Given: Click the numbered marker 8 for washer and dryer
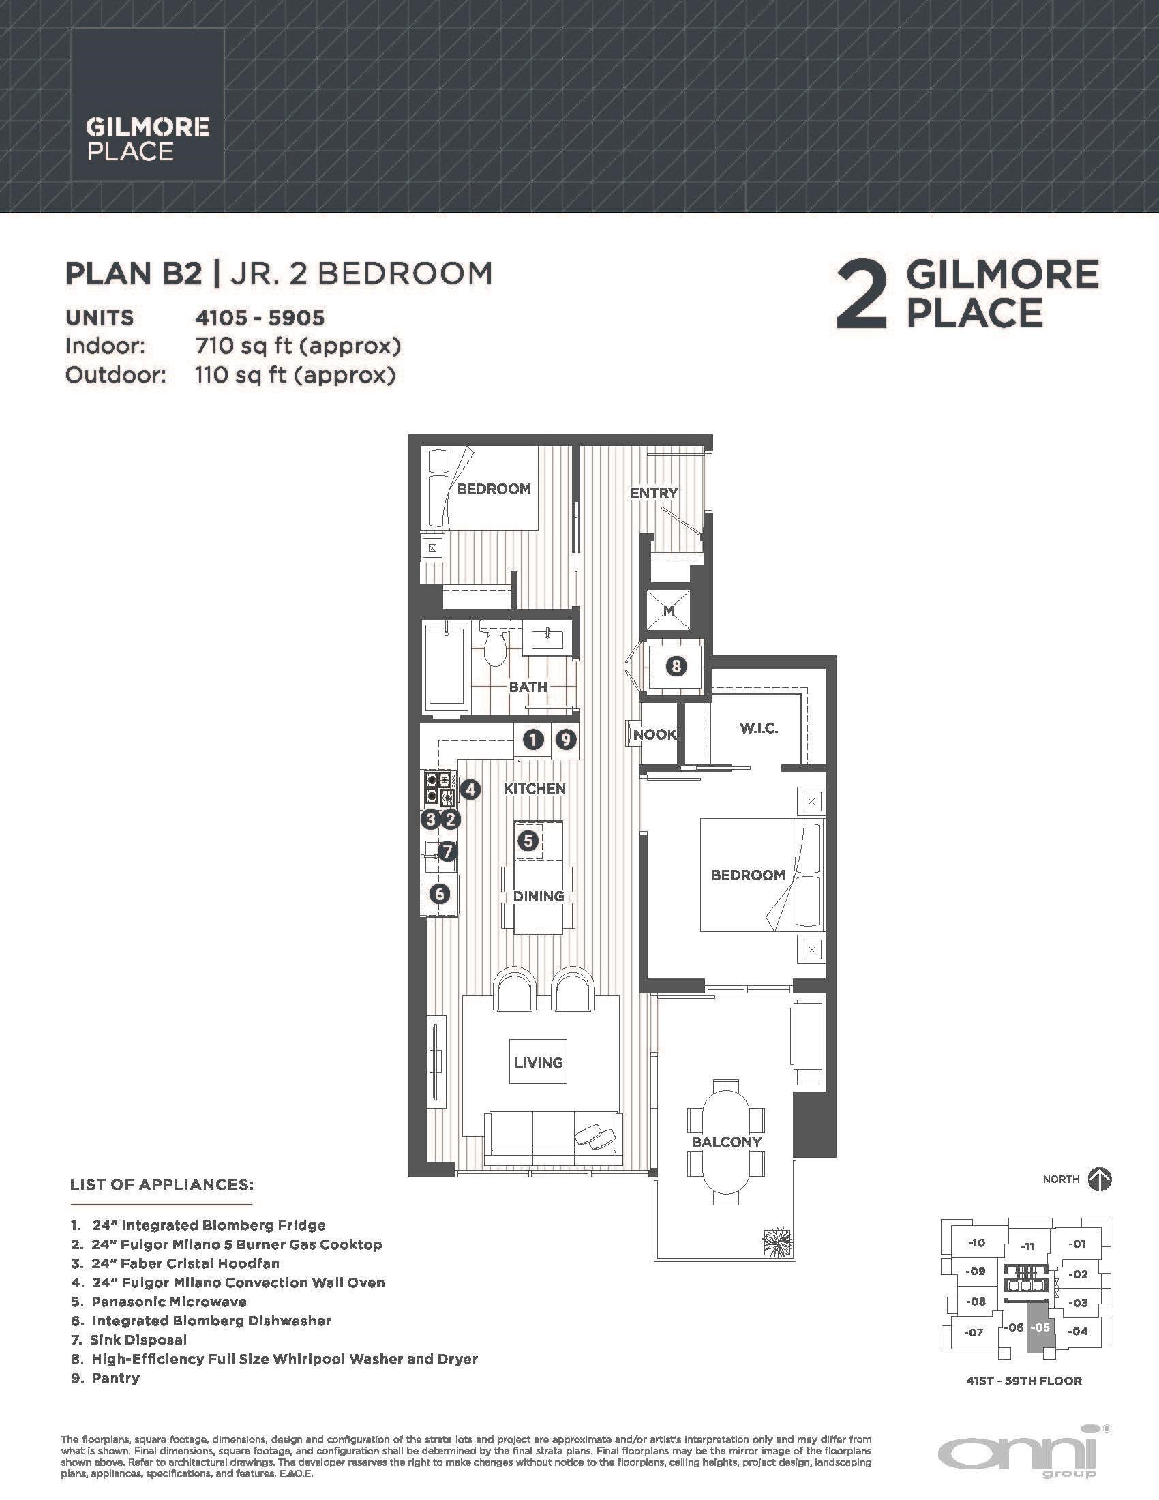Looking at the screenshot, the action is pos(676,665).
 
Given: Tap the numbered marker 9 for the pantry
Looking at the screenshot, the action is pos(566,740).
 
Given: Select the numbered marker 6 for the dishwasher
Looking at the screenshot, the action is pos(440,894).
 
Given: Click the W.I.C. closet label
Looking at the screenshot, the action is pos(759,728).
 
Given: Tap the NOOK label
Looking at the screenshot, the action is pos(655,734).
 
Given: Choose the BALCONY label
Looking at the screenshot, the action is pos(727,1142).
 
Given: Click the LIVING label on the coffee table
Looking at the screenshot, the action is pos(539,1062).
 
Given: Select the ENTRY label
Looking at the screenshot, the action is pos(654,492).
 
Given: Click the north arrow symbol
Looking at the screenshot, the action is pos(1100,1180).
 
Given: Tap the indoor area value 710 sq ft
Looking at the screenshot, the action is pos(298,346).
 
